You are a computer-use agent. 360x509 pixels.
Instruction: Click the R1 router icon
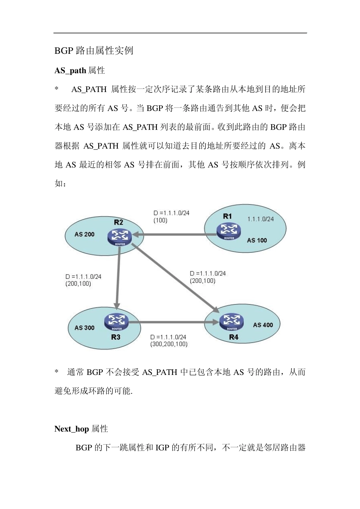pyautogui.click(x=229, y=231)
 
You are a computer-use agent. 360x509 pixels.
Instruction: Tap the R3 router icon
pyautogui.click(x=116, y=322)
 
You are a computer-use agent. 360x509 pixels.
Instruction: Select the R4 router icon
pyautogui.click(x=232, y=321)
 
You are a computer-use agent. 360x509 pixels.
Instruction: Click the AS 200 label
pyautogui.click(x=85, y=234)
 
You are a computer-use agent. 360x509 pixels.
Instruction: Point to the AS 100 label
pyautogui.click(x=257, y=240)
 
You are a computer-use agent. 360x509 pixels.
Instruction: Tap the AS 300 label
pyautogui.click(x=85, y=328)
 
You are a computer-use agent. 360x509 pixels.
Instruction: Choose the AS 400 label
pyautogui.click(x=263, y=325)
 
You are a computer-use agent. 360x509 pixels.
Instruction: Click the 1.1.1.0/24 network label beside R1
pyautogui.click(x=260, y=219)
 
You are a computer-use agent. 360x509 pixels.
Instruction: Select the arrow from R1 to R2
pyautogui.click(x=174, y=235)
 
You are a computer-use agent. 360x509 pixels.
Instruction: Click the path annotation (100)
pyautogui.click(x=160, y=220)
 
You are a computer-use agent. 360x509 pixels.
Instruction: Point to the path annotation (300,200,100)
pyautogui.click(x=169, y=344)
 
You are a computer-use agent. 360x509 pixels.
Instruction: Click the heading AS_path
pyautogui.click(x=70, y=70)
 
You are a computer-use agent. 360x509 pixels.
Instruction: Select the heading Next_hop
pyautogui.click(x=72, y=429)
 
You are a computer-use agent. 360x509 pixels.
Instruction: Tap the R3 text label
pyautogui.click(x=116, y=337)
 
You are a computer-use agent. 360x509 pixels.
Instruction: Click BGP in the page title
pyautogui.click(x=64, y=51)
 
